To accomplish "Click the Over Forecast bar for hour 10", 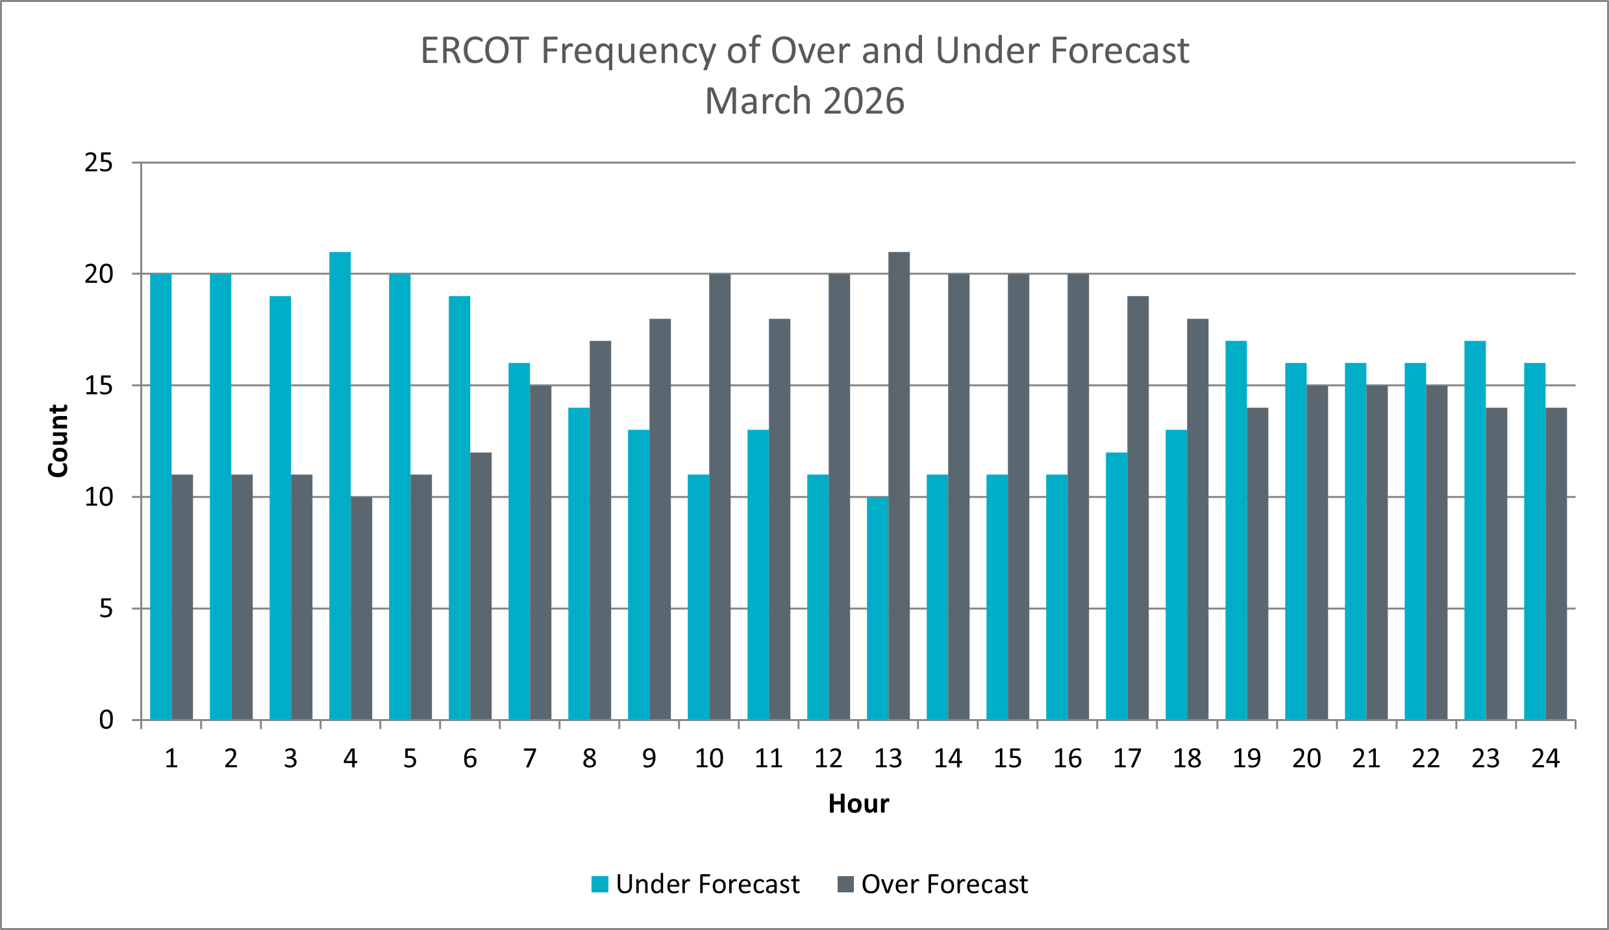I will click(x=719, y=496).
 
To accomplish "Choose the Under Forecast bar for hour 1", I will click(x=161, y=496).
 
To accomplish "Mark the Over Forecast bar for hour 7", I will click(x=540, y=552).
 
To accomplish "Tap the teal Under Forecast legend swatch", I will click(x=600, y=884).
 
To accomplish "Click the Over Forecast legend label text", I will click(x=944, y=885).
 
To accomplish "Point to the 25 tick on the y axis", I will click(x=99, y=163).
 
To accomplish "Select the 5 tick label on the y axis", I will click(x=106, y=609).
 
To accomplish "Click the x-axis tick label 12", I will click(x=828, y=759).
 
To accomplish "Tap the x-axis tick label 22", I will click(x=1425, y=759).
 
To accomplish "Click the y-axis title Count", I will click(x=58, y=441).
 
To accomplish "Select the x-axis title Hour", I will click(x=858, y=803).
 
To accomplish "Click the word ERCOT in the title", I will click(x=475, y=51).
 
